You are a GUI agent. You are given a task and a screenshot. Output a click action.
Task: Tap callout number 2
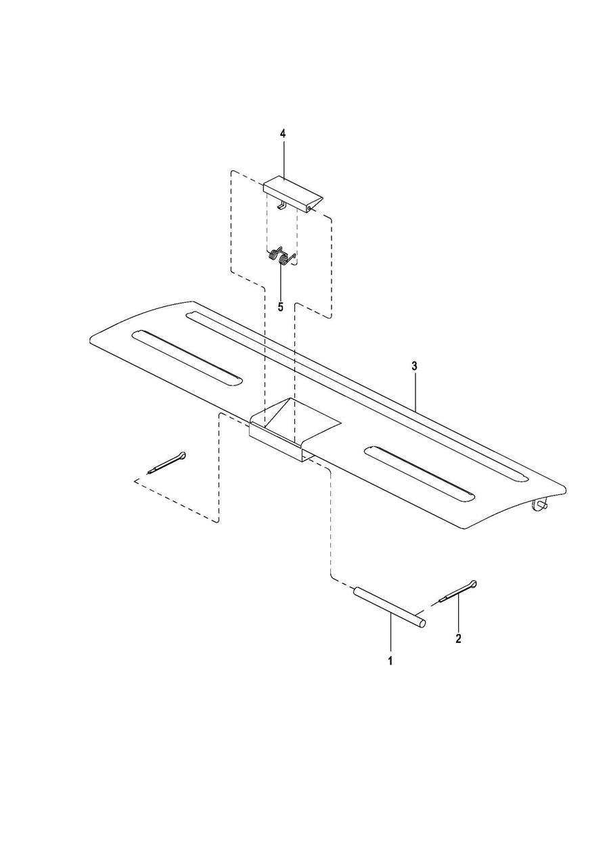tap(458, 638)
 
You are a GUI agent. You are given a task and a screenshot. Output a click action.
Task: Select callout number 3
tap(414, 366)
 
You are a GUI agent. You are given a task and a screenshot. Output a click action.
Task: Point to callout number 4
tap(283, 134)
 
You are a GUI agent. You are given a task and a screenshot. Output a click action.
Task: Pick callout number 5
tap(280, 306)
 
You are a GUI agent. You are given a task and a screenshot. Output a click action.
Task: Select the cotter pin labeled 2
tap(459, 591)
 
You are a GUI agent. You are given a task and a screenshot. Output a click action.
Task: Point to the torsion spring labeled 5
tap(280, 256)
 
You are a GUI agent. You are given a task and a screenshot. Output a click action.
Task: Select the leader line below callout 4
tap(283, 159)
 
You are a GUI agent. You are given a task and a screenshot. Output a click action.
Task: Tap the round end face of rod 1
tap(422, 624)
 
